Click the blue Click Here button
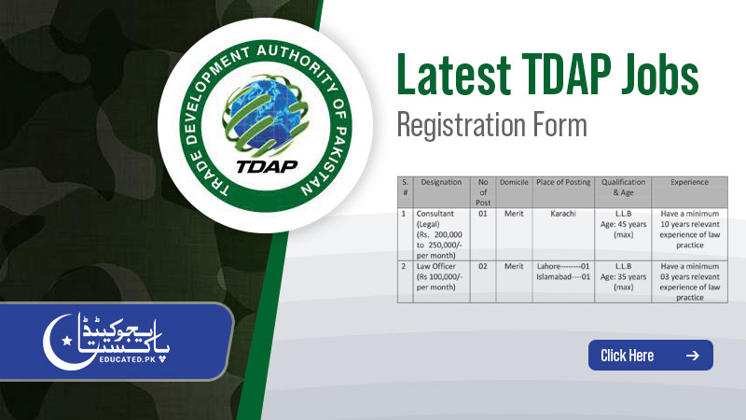[x=650, y=356]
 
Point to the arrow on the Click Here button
[x=692, y=356]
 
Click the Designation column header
[x=441, y=183]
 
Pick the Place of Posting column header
[x=563, y=183]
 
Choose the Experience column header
[x=689, y=183]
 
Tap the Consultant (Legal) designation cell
[x=441, y=233]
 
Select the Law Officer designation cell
[x=441, y=276]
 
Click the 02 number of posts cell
[x=482, y=267]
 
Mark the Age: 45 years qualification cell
[x=624, y=229]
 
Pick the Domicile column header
[x=514, y=183]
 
